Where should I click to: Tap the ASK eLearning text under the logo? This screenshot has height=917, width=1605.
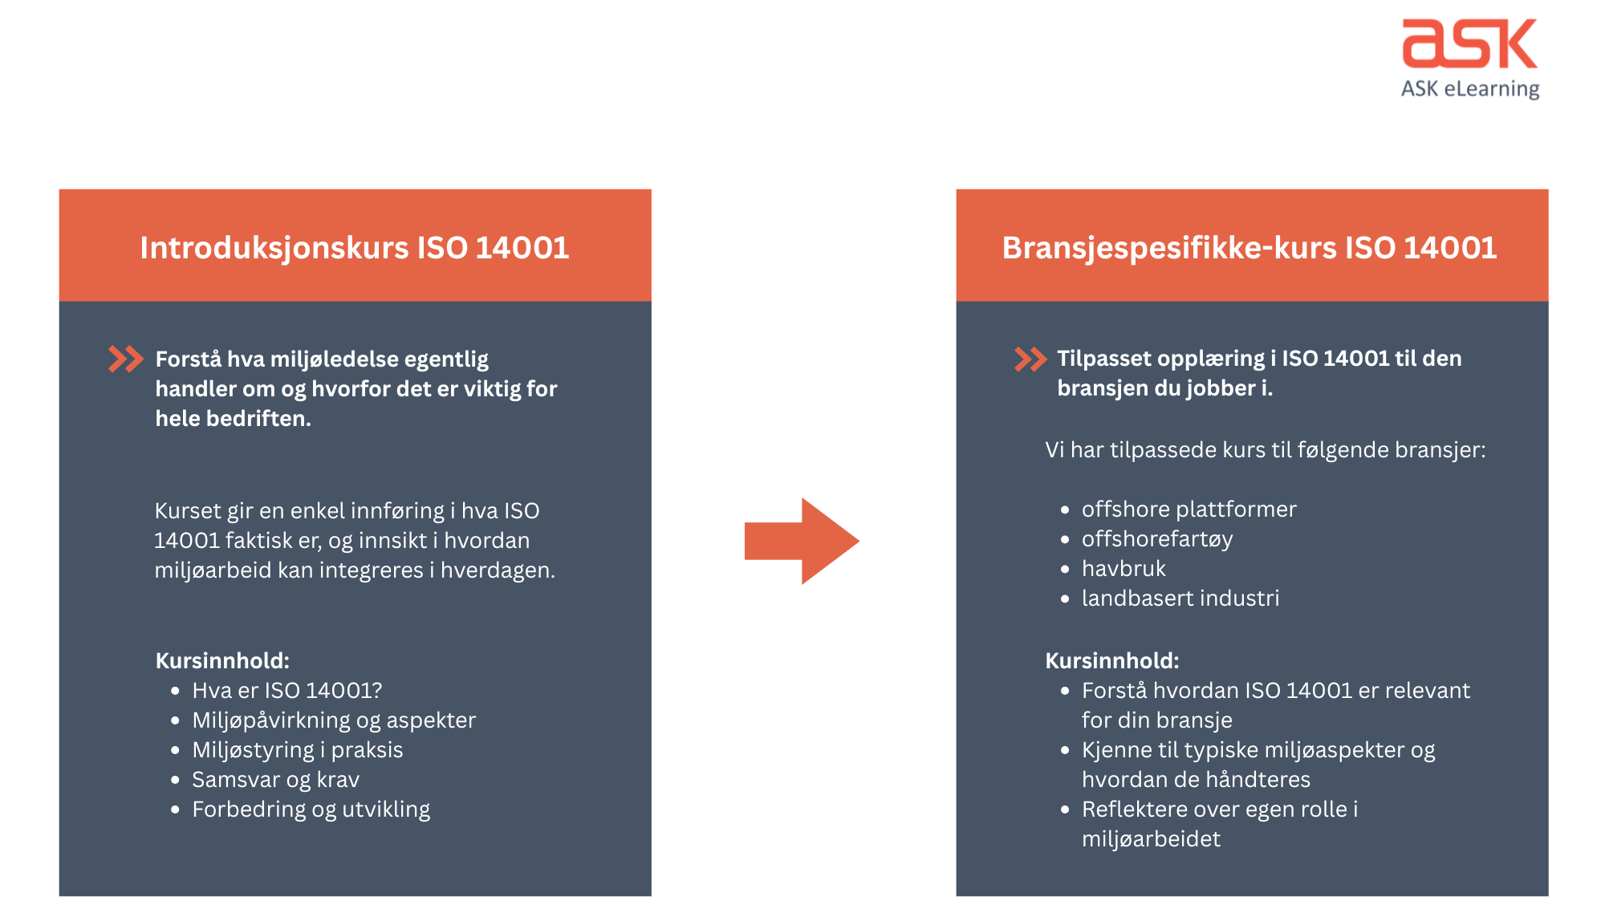point(1470,89)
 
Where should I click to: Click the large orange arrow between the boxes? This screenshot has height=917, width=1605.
point(802,541)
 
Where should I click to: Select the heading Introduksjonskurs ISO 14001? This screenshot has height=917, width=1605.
point(355,248)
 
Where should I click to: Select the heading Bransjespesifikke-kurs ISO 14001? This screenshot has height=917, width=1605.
point(1249,248)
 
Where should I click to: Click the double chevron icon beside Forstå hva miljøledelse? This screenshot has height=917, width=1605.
point(126,359)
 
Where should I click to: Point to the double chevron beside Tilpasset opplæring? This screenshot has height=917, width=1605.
point(1030,359)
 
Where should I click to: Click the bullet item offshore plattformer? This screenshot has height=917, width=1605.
point(1189,509)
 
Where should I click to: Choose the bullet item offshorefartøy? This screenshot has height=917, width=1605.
point(1156,539)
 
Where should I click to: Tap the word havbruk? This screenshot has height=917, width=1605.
point(1123,569)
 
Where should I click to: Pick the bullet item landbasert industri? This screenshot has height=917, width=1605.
point(1180,598)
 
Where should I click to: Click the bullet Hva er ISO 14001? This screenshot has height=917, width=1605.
point(286,691)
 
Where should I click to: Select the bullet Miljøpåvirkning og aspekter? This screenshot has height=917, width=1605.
point(334,720)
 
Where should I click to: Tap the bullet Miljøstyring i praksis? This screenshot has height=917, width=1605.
point(297,750)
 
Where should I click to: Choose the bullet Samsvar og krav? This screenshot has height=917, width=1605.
point(275,780)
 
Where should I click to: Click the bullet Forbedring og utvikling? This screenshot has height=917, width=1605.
point(311,809)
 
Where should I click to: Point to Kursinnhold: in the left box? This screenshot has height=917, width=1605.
point(222,661)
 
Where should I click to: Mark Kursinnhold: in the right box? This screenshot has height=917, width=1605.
point(1111,661)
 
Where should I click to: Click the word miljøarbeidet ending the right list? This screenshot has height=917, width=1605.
point(1151,839)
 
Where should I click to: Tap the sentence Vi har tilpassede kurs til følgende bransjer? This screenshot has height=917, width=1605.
point(1265,450)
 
